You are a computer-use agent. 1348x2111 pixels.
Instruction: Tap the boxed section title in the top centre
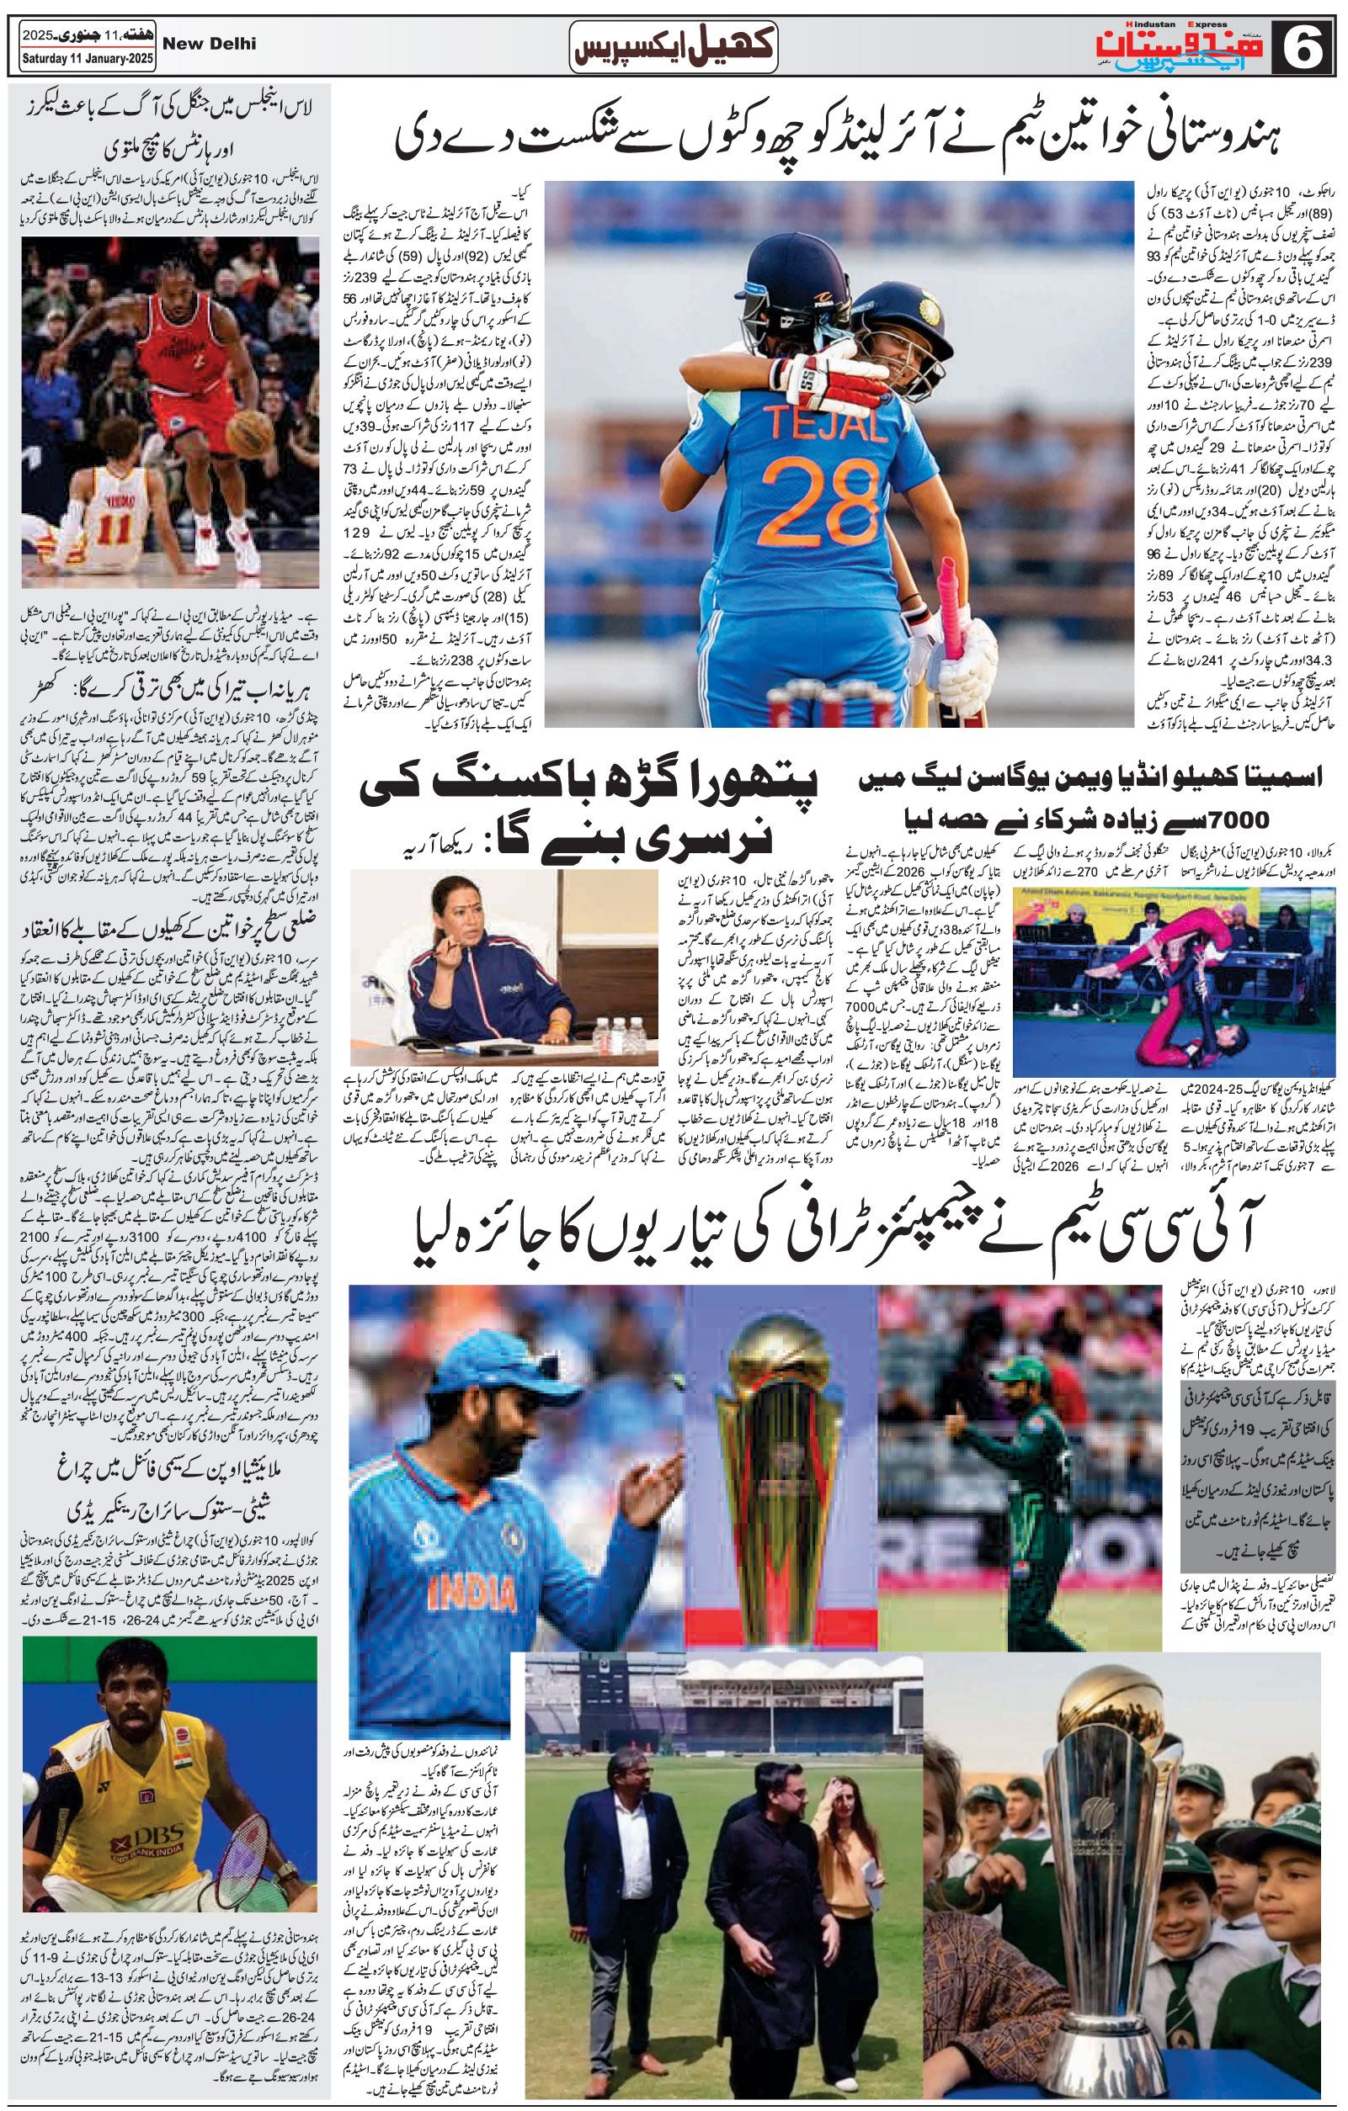pos(674,45)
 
